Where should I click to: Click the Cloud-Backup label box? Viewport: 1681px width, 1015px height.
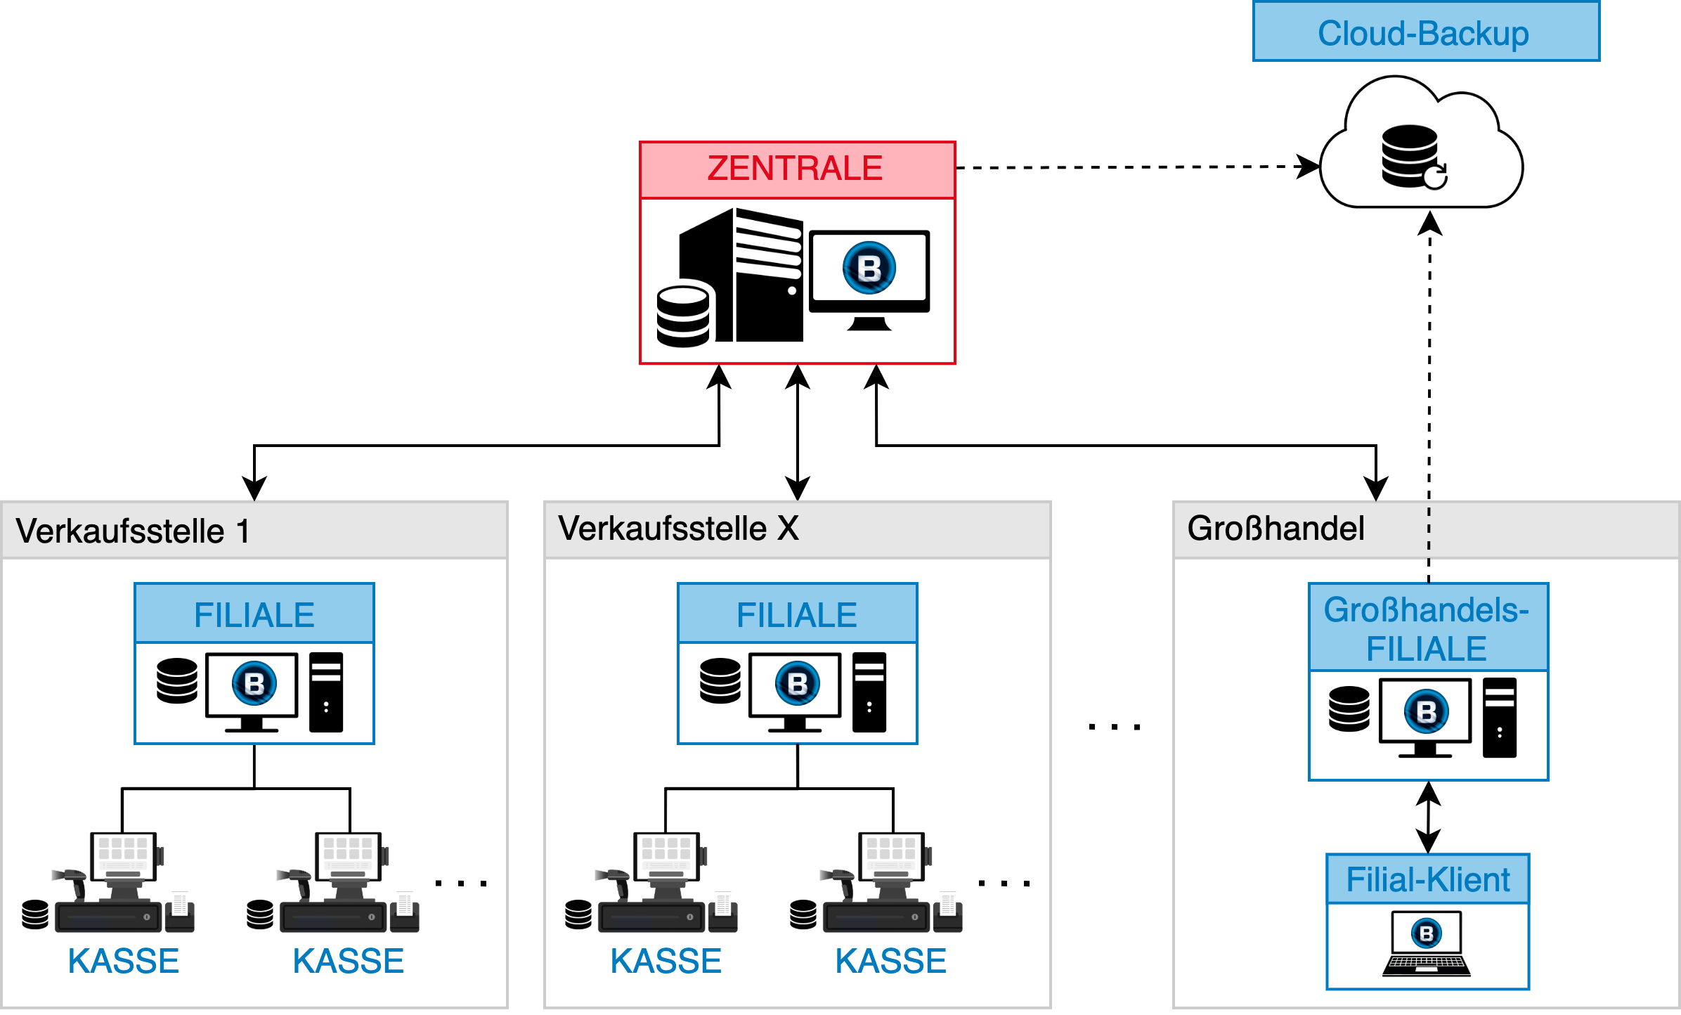point(1425,32)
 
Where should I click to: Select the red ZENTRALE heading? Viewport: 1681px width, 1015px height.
point(796,169)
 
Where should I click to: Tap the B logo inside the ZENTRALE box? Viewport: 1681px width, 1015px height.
point(869,268)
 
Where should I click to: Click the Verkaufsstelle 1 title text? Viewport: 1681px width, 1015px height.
point(133,531)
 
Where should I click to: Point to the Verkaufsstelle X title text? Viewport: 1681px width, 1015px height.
point(678,529)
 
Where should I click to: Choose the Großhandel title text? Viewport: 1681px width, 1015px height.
point(1276,529)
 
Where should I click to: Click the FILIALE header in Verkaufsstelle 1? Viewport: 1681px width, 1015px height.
point(254,614)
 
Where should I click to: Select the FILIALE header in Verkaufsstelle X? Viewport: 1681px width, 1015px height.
point(797,614)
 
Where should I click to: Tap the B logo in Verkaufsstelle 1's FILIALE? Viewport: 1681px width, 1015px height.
point(254,683)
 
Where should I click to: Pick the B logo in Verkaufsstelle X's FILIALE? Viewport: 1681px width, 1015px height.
point(797,683)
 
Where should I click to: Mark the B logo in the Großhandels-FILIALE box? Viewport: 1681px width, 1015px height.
point(1427,711)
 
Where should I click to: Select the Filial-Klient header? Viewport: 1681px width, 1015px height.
point(1427,879)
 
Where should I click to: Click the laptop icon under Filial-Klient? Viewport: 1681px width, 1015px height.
point(1427,944)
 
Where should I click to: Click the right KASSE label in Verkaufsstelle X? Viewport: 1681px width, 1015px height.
point(891,961)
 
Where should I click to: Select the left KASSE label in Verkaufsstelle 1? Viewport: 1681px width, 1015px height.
point(124,961)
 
